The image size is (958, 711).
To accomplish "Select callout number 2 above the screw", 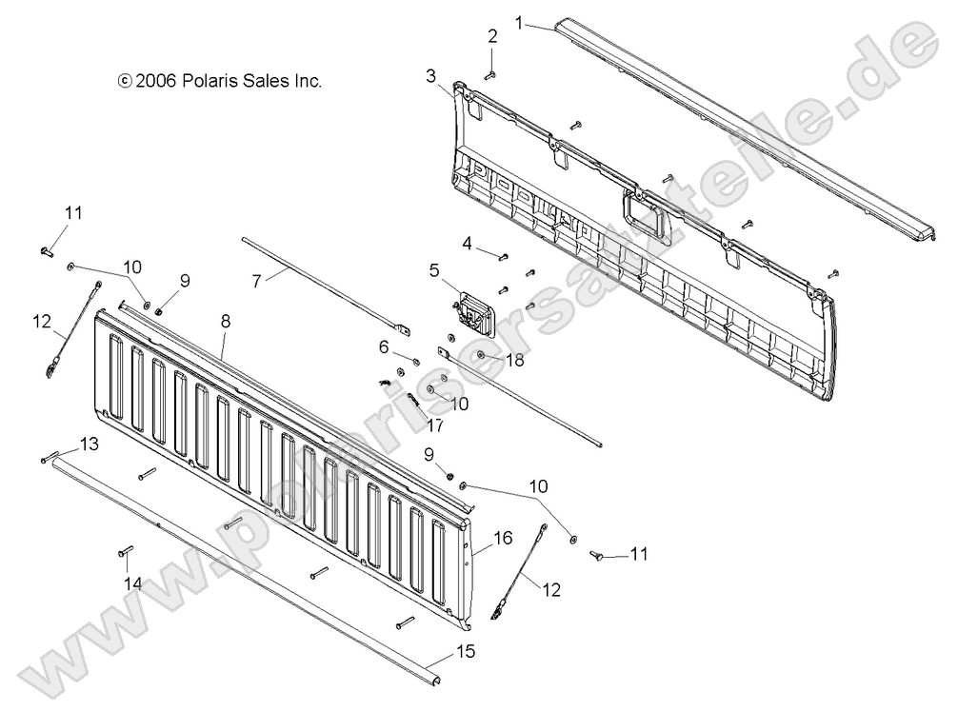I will pyautogui.click(x=492, y=37).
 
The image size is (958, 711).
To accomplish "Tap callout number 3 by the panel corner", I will pyautogui.click(x=431, y=75).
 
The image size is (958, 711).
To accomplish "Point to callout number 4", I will pyautogui.click(x=468, y=243).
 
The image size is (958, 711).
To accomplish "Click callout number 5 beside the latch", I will pyautogui.click(x=433, y=270).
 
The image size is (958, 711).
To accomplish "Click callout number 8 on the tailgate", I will pyautogui.click(x=226, y=322).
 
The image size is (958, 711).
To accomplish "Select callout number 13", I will pyautogui.click(x=88, y=444).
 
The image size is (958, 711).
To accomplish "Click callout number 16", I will pyautogui.click(x=502, y=539).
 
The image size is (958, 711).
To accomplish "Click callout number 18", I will pyautogui.click(x=515, y=359).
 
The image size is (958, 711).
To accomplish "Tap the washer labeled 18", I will pyautogui.click(x=482, y=356).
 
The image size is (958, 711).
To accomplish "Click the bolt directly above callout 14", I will pyautogui.click(x=128, y=551).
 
